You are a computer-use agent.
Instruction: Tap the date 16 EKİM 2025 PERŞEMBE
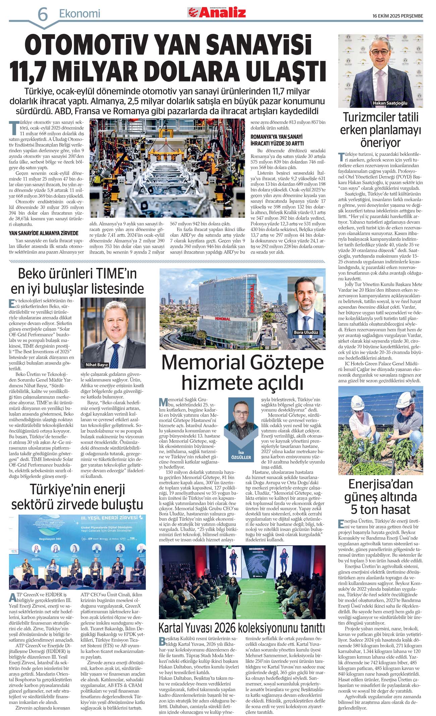pos(398,16)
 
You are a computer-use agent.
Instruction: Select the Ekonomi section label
pos(79,13)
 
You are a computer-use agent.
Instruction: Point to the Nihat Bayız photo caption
pos(97,364)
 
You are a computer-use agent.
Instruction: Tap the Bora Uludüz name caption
pos(306,332)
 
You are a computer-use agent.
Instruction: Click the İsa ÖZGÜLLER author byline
pos(241,455)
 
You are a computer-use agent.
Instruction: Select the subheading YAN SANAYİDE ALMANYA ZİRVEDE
pos(44,233)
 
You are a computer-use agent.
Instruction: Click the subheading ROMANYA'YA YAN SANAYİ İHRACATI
pos(277,140)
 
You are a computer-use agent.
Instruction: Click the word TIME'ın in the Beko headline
pos(114,273)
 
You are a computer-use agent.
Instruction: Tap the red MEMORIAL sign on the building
pos(252,299)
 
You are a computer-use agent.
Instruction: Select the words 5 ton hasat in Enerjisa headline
pos(380,509)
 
